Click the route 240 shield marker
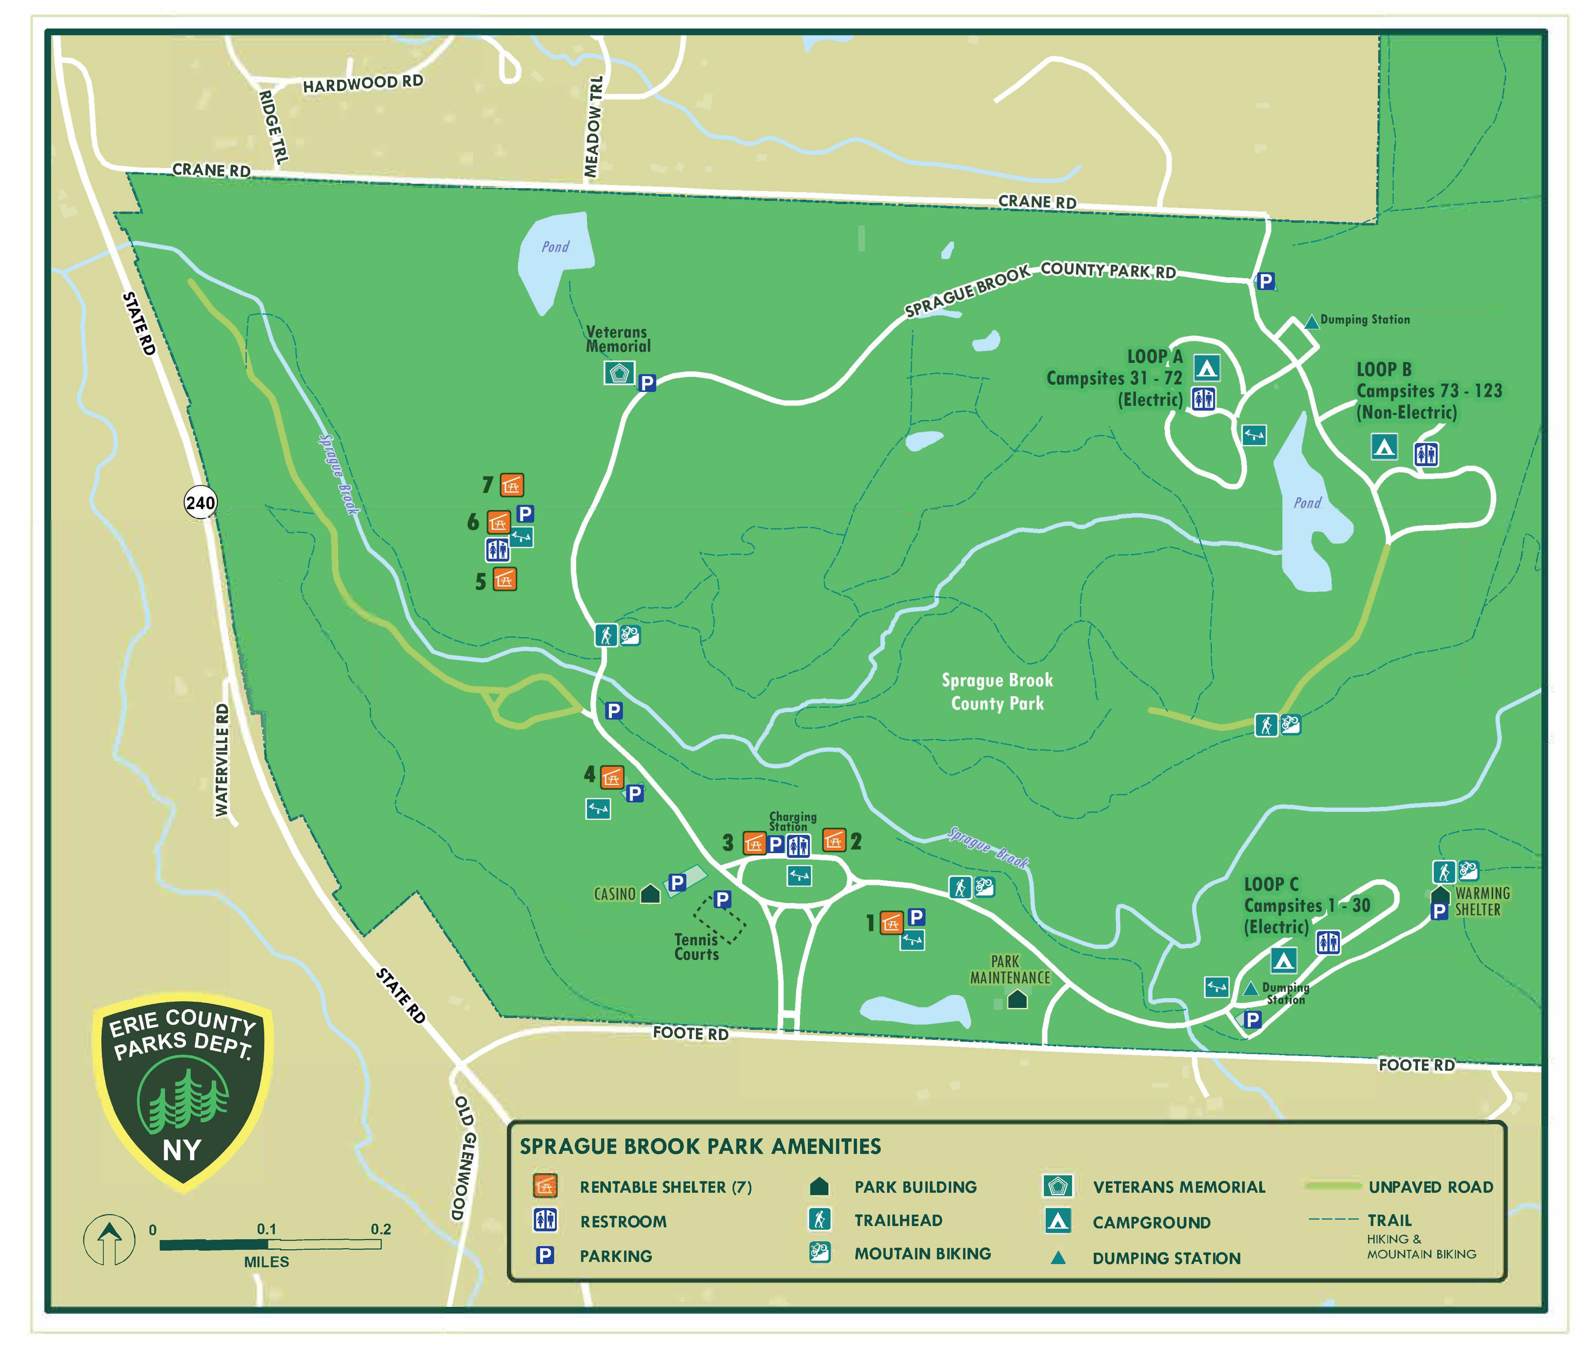200,502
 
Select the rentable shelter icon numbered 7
511,485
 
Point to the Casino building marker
650,894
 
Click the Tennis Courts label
696,947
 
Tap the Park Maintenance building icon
1017,999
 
